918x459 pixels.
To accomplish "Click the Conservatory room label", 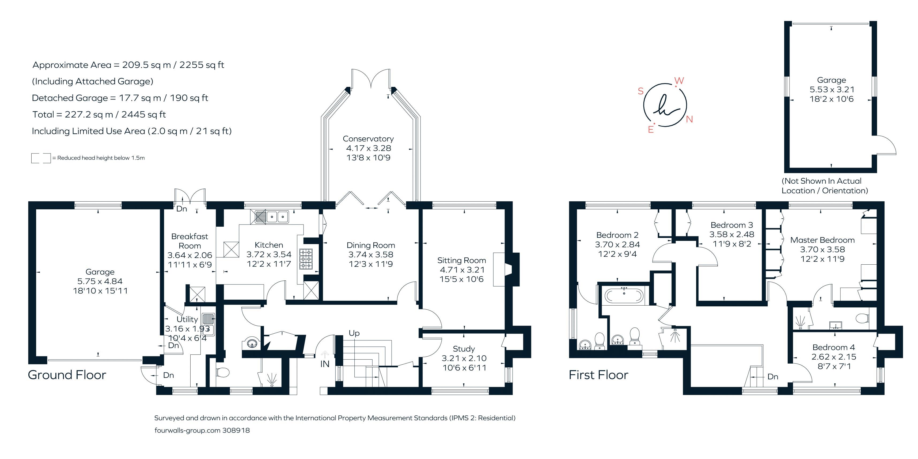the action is tap(368, 139).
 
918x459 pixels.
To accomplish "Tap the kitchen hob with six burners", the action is tap(306, 259).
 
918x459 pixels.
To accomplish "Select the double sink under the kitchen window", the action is tap(277, 216).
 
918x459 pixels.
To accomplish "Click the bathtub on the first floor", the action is tap(624, 295).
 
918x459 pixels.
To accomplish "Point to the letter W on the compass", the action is tap(679, 81).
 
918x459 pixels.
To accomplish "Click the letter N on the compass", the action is tap(689, 119).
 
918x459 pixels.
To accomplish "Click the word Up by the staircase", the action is tap(354, 333).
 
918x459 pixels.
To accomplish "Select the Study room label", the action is tap(464, 349).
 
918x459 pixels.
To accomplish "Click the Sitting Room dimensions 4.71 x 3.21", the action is tap(462, 270).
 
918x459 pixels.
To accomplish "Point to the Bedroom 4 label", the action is tap(833, 347).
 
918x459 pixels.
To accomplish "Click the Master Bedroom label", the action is tap(822, 240).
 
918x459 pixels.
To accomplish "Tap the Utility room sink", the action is tap(208, 324).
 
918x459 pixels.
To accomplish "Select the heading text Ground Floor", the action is tap(67, 375).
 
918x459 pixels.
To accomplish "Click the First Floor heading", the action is tap(598, 375).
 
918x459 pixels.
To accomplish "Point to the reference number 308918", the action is tap(236, 430).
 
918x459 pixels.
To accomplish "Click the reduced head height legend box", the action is tap(41, 158).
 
